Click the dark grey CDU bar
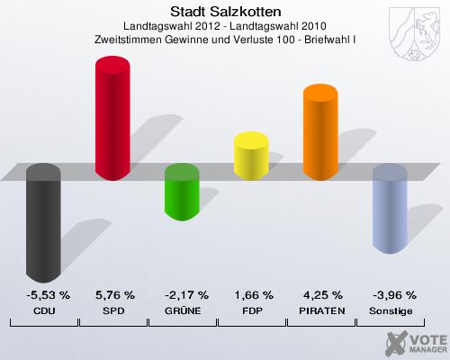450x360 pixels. pyautogui.click(x=44, y=225)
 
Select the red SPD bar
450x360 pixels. pyautogui.click(x=113, y=117)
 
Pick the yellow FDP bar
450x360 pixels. pyautogui.click(x=252, y=155)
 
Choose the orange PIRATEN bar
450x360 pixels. pyautogui.click(x=321, y=130)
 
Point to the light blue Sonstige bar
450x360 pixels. pyautogui.click(x=391, y=211)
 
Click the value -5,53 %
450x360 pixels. pyautogui.click(x=44, y=295)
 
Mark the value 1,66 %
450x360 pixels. pyautogui.click(x=252, y=295)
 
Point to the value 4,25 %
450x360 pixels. pyautogui.click(x=321, y=295)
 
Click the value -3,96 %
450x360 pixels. pyautogui.click(x=391, y=295)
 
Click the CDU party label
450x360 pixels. pyautogui.click(x=44, y=310)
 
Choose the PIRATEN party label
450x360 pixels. pyautogui.click(x=321, y=310)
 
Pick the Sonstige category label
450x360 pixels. pyautogui.click(x=391, y=310)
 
